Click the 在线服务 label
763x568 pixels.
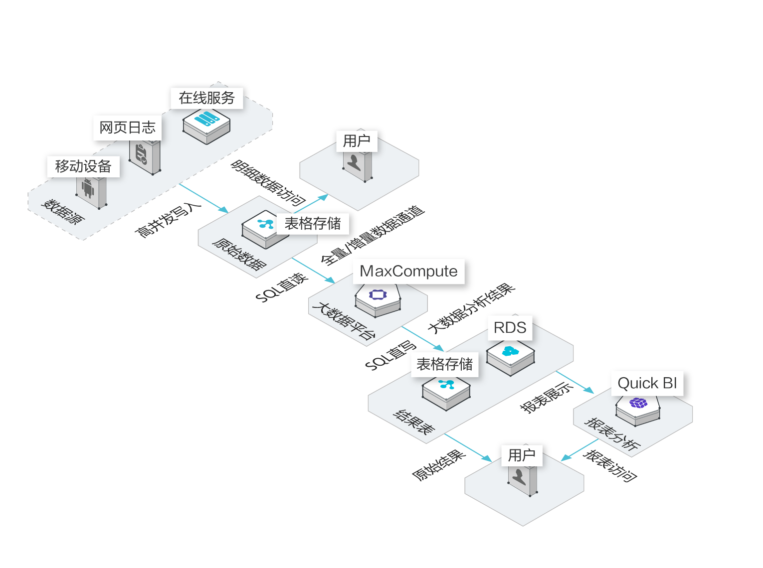(x=206, y=98)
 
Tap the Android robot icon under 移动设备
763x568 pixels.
(x=88, y=188)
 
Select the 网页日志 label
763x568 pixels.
(x=128, y=128)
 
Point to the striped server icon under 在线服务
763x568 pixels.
(x=206, y=120)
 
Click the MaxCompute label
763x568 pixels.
(x=408, y=271)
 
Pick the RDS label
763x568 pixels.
(x=510, y=328)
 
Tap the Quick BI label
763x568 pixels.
(x=647, y=383)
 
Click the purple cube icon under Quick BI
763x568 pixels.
(x=638, y=403)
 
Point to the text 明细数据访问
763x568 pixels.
(x=268, y=183)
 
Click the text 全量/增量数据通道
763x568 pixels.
(x=373, y=235)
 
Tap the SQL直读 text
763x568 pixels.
(x=282, y=287)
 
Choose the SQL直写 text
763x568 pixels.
(x=391, y=355)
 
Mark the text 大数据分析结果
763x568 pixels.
(x=471, y=308)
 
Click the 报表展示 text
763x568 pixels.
(x=547, y=397)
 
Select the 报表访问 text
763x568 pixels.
(x=610, y=465)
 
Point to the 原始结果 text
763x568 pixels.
(x=439, y=465)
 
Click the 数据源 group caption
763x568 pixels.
(x=63, y=211)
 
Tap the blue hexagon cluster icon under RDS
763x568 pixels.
(x=510, y=351)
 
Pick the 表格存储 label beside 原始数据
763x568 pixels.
(x=313, y=223)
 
